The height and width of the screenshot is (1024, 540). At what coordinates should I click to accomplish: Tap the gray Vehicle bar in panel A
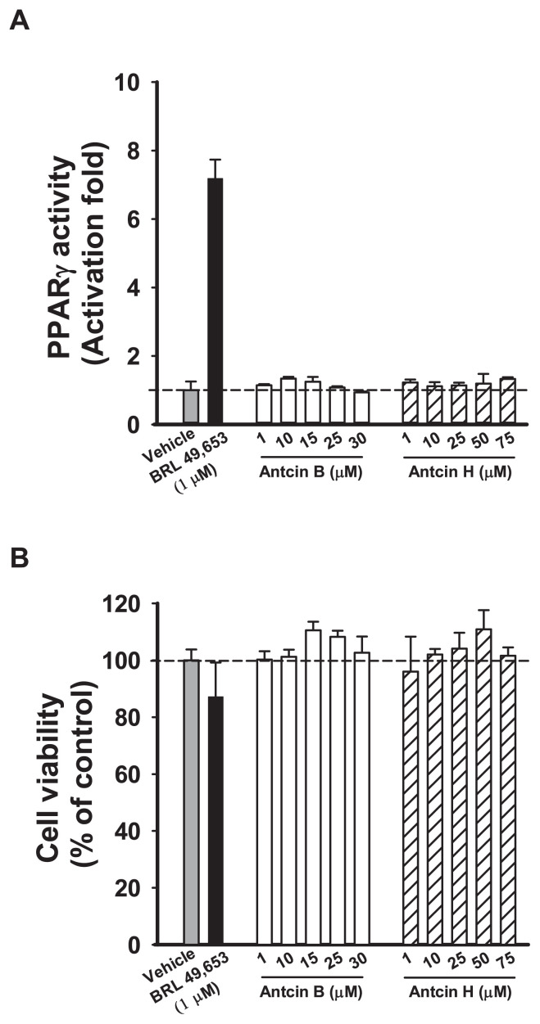pos(191,407)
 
